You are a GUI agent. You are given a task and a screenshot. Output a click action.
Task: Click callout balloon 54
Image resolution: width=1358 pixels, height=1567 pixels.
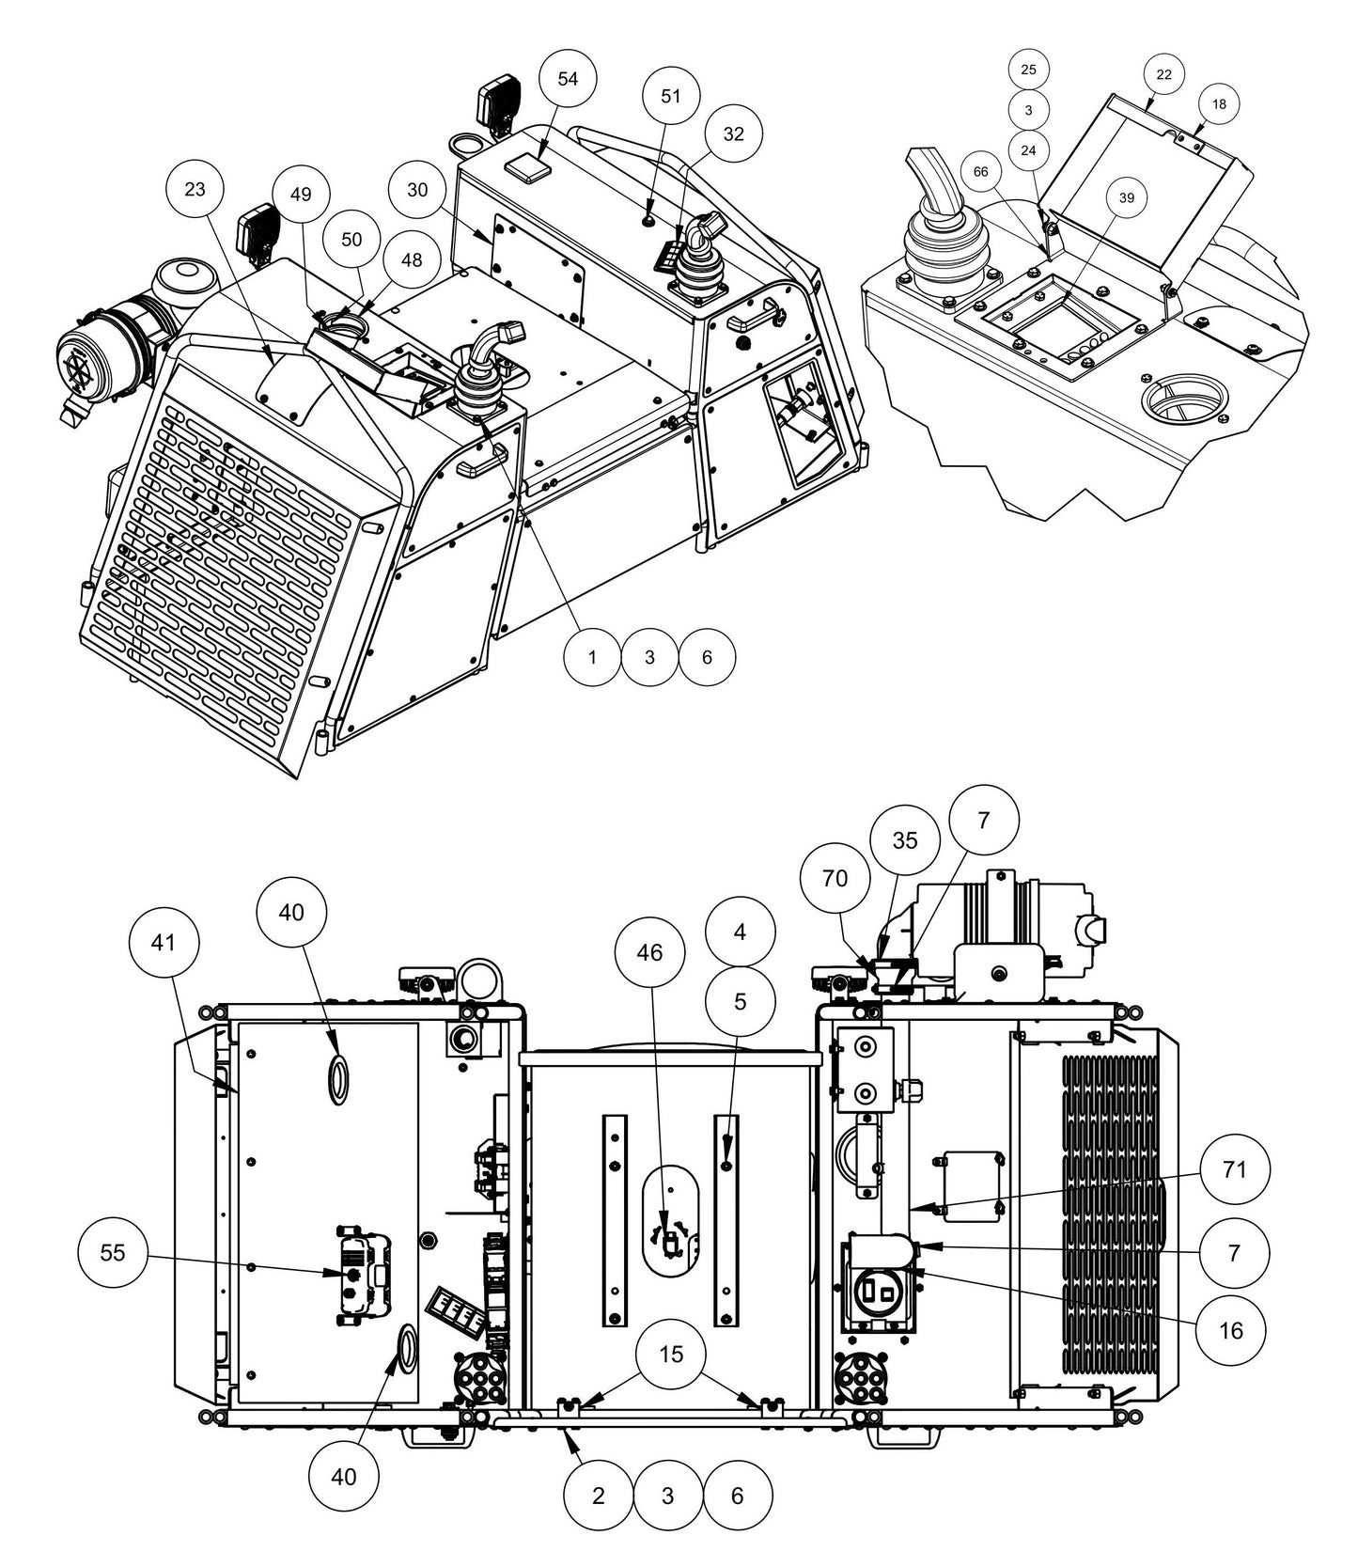point(569,79)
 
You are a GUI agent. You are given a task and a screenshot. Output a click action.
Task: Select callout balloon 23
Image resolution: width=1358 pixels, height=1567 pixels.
point(195,190)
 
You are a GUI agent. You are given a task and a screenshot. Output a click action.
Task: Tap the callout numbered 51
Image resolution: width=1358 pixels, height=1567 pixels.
point(671,97)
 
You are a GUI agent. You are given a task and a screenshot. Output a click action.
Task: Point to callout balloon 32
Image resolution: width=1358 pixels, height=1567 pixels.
point(733,134)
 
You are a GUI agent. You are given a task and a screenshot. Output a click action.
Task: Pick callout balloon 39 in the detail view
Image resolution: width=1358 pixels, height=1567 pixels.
point(1126,197)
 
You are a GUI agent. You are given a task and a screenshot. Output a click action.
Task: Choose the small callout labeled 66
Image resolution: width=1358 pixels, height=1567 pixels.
point(981,172)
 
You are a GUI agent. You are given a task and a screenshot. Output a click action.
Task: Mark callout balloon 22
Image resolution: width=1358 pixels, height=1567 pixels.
point(1163,74)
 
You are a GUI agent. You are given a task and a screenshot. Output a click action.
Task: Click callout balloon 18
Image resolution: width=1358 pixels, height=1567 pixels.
point(1219,104)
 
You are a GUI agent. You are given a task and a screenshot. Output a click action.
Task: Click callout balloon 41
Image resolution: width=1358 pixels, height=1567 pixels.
point(164,942)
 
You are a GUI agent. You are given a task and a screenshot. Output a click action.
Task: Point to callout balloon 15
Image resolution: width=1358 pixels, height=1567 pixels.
point(671,1354)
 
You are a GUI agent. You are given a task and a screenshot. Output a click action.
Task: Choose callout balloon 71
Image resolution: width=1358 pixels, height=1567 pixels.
point(1234,1170)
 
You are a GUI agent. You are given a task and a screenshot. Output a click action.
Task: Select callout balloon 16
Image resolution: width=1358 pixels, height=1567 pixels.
point(1230,1330)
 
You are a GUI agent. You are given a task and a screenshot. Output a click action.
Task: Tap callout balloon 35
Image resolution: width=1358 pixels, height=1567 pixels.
point(904,840)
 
